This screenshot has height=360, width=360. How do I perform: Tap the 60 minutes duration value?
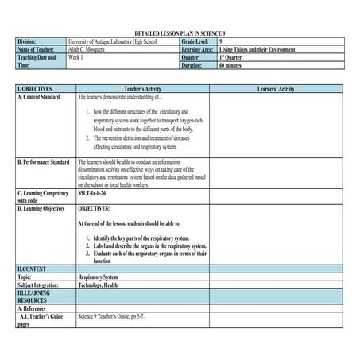coord(232,66)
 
